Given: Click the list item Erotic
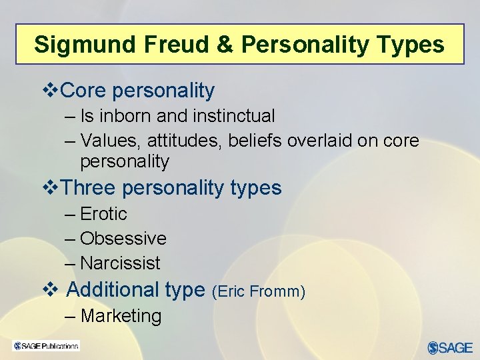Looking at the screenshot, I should pyautogui.click(x=103, y=214).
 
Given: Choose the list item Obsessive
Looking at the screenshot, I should pyautogui.click(x=123, y=239).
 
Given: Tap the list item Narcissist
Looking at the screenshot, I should pyautogui.click(x=120, y=263).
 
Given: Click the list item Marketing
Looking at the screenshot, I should pyautogui.click(x=121, y=316).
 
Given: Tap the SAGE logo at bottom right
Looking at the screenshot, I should pyautogui.click(x=450, y=347).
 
